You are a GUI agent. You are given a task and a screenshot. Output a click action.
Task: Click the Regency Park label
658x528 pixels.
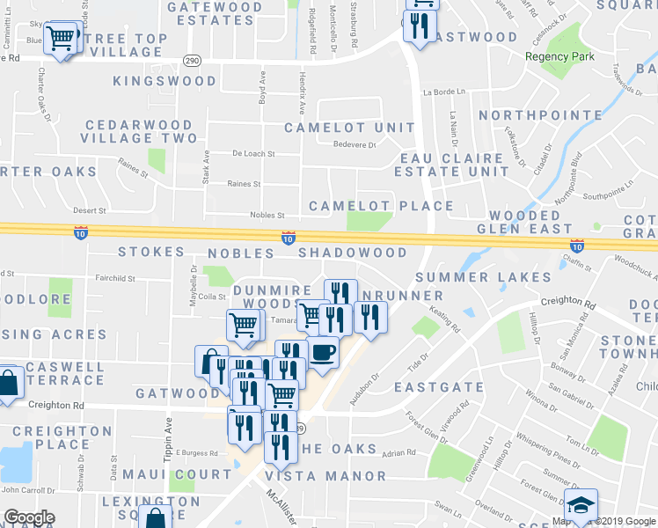pos(559,56)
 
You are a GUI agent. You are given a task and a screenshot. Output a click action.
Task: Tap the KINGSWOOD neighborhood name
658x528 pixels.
pos(164,81)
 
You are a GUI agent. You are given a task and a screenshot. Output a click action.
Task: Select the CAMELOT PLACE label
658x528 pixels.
pos(381,206)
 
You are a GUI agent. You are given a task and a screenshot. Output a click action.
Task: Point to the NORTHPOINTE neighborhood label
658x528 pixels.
pos(540,115)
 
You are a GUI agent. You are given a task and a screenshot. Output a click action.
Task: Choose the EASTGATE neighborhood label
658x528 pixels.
pos(439,386)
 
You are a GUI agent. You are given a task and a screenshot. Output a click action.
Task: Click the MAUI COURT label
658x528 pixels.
pos(190,474)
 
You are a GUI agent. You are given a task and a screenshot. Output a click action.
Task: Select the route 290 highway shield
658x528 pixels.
pos(191,59)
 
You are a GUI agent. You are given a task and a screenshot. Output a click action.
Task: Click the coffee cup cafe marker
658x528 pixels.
pos(323,352)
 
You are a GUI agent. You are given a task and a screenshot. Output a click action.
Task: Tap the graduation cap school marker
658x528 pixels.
pos(581,506)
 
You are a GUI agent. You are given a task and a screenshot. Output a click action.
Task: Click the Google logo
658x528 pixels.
pos(28,517)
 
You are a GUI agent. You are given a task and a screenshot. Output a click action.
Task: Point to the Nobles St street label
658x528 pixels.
pos(268,215)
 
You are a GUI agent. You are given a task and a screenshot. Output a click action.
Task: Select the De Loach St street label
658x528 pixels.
pos(253,153)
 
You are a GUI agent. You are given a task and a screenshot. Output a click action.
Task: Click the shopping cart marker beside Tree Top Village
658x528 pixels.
pos(62,38)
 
